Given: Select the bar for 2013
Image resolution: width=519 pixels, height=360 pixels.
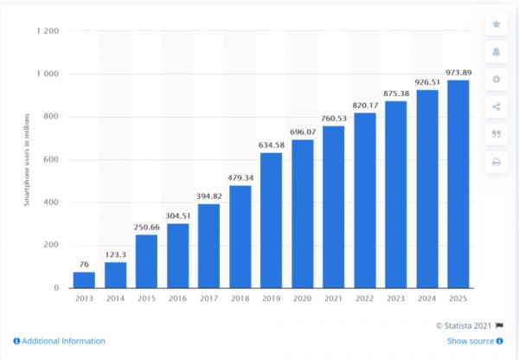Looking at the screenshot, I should [x=84, y=280].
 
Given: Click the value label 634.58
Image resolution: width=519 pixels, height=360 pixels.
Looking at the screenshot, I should [x=272, y=145].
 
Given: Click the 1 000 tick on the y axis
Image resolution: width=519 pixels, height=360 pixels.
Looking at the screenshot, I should [x=47, y=74].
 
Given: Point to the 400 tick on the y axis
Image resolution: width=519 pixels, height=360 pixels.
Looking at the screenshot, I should [x=50, y=202].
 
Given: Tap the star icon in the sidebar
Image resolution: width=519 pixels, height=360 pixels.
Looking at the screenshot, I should [x=496, y=24].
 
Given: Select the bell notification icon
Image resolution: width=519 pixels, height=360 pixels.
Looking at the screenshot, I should [x=496, y=52].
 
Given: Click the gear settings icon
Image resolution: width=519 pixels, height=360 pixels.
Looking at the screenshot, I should [x=496, y=80].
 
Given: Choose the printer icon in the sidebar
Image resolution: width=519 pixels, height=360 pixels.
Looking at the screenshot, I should [x=496, y=162].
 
